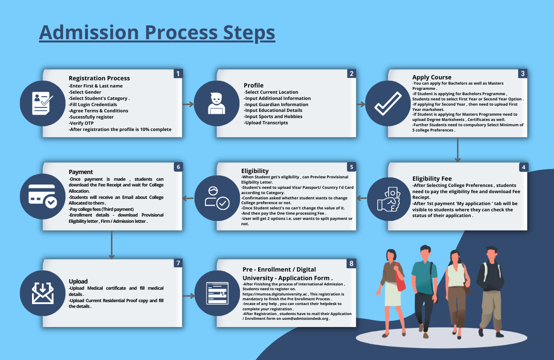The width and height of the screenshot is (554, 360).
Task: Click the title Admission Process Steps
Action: click(x=157, y=33)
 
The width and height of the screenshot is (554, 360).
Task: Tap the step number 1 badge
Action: click(x=178, y=74)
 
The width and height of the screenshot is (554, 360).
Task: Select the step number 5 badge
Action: click(x=351, y=167)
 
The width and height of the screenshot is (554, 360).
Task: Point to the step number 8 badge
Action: click(x=351, y=263)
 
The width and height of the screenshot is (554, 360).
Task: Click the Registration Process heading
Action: click(x=99, y=78)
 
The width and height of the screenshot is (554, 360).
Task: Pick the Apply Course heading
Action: click(x=432, y=77)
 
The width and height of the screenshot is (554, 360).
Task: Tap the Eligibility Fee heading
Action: click(x=432, y=179)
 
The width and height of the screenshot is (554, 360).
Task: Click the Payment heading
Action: click(x=81, y=172)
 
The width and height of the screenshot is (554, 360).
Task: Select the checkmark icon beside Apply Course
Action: click(x=387, y=103)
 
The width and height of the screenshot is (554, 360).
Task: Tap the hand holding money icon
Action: click(x=388, y=197)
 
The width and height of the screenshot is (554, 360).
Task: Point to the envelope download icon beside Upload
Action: click(x=42, y=293)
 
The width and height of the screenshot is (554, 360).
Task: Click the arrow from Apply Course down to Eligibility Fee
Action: click(x=457, y=150)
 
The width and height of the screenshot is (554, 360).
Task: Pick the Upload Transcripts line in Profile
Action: click(x=266, y=123)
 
